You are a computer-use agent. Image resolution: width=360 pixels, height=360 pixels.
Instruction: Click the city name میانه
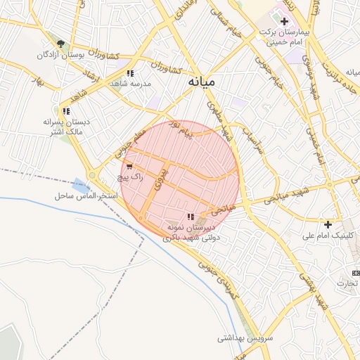coord(202,82)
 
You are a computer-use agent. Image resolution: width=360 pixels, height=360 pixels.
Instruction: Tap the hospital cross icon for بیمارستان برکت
coord(284,22)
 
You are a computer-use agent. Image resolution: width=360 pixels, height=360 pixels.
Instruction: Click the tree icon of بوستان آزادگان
coord(60,44)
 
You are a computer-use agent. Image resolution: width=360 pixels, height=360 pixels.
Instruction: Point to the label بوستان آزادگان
coord(60,55)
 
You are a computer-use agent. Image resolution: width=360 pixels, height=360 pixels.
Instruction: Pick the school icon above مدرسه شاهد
coord(131,73)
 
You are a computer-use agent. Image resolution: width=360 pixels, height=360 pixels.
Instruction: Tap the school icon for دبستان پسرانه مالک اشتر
coord(65,111)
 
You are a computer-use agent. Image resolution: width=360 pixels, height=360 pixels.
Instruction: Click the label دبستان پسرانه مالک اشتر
coord(63,127)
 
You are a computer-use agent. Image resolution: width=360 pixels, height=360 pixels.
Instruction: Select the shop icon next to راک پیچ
coord(129,167)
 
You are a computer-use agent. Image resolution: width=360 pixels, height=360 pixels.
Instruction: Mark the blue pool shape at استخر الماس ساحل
coord(82,187)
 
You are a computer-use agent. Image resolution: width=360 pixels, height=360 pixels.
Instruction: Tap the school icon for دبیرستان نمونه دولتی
coord(190,217)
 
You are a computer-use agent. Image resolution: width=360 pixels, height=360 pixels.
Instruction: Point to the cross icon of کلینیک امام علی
coord(328,224)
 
